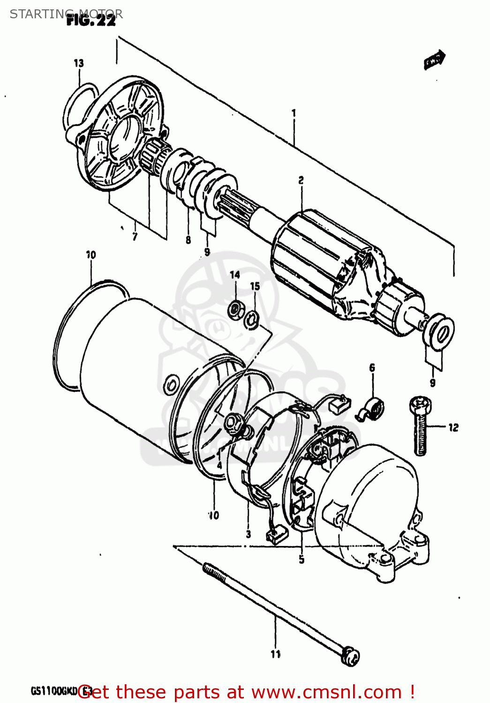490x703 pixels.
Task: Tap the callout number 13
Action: [x=79, y=63]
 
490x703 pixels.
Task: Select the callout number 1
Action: [x=294, y=112]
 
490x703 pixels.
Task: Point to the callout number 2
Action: [x=301, y=180]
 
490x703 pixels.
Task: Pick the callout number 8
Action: [x=188, y=240]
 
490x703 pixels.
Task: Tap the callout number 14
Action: [x=235, y=275]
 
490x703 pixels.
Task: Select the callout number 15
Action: [x=255, y=286]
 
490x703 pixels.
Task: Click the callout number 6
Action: [x=372, y=367]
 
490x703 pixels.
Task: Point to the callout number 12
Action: [x=453, y=427]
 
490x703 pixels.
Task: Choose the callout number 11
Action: [x=276, y=654]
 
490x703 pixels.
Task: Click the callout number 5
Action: [x=302, y=559]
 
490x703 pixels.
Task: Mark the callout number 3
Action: [x=248, y=534]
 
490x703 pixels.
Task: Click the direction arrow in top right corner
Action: [x=434, y=60]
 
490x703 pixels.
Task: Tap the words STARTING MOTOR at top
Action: [x=66, y=14]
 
